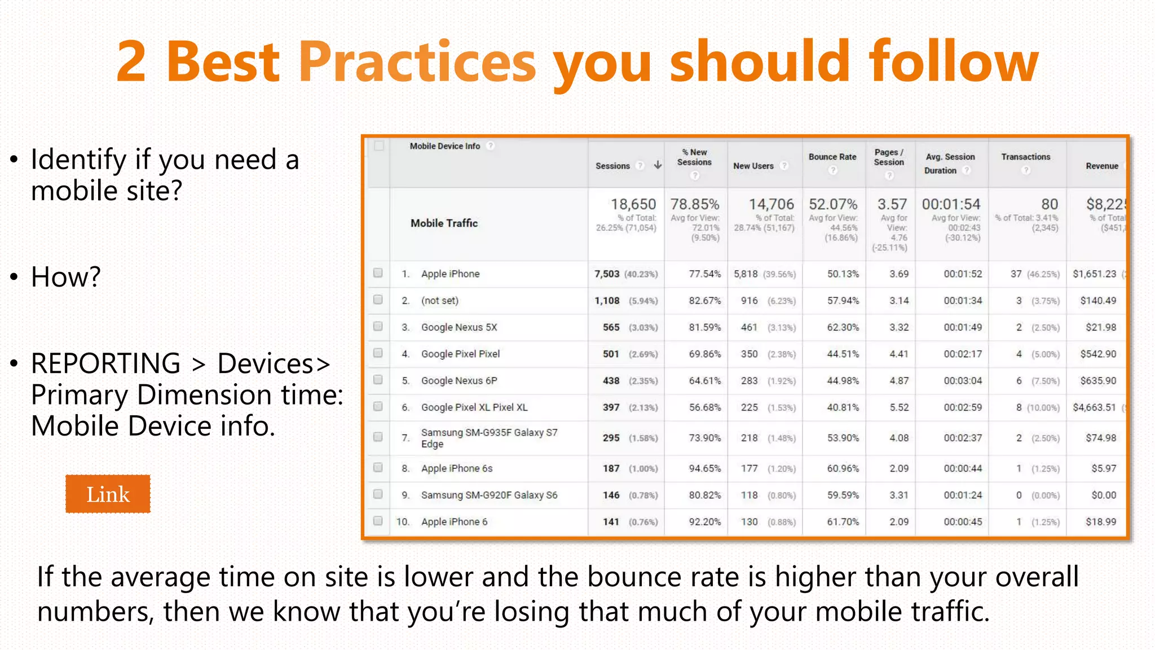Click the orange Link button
pyautogui.click(x=108, y=494)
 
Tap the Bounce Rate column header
pyautogui.click(x=832, y=157)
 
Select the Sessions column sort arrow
pyautogui.click(x=658, y=165)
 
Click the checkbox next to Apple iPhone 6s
pyautogui.click(x=378, y=468)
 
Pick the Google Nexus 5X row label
pyautogui.click(x=459, y=327)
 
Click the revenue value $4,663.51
pyautogui.click(x=1094, y=407)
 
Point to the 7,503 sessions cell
pyautogui.click(x=607, y=274)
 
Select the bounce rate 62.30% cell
pyautogui.click(x=843, y=327)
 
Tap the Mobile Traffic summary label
pyautogui.click(x=444, y=223)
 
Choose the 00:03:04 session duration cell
pyautogui.click(x=963, y=381)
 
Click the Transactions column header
pyautogui.click(x=1025, y=157)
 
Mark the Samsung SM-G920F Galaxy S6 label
pyautogui.click(x=489, y=495)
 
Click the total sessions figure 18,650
pyautogui.click(x=633, y=204)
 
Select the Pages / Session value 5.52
pyautogui.click(x=899, y=407)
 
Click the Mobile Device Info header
pyautogui.click(x=444, y=146)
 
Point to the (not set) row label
pyautogui.click(x=440, y=301)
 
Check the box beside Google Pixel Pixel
pyautogui.click(x=378, y=353)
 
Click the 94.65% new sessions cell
pyautogui.click(x=704, y=468)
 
